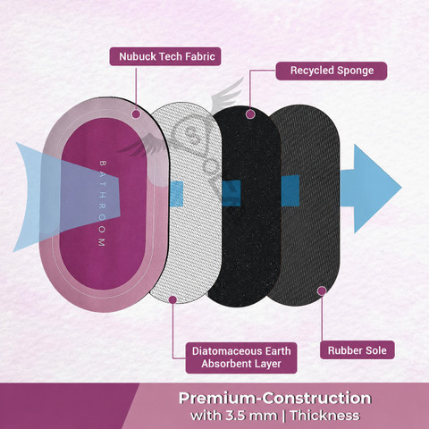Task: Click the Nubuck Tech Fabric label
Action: coord(165,56)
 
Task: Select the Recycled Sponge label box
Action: coord(332,71)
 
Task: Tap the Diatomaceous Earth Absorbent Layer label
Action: coord(241,357)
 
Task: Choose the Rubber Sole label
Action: coord(357,350)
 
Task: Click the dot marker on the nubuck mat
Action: coord(136,114)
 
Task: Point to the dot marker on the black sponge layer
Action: coord(251,114)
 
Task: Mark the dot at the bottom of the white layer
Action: coord(172,299)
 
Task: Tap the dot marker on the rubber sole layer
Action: coord(322,290)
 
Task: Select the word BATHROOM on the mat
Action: coord(102,204)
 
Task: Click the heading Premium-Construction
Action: coord(274,398)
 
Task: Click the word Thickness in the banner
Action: coord(325,416)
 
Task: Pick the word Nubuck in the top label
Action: coord(138,56)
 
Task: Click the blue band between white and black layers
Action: coord(177,194)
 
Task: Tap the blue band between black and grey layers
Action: coord(290,190)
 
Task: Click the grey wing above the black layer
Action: coord(228,96)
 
